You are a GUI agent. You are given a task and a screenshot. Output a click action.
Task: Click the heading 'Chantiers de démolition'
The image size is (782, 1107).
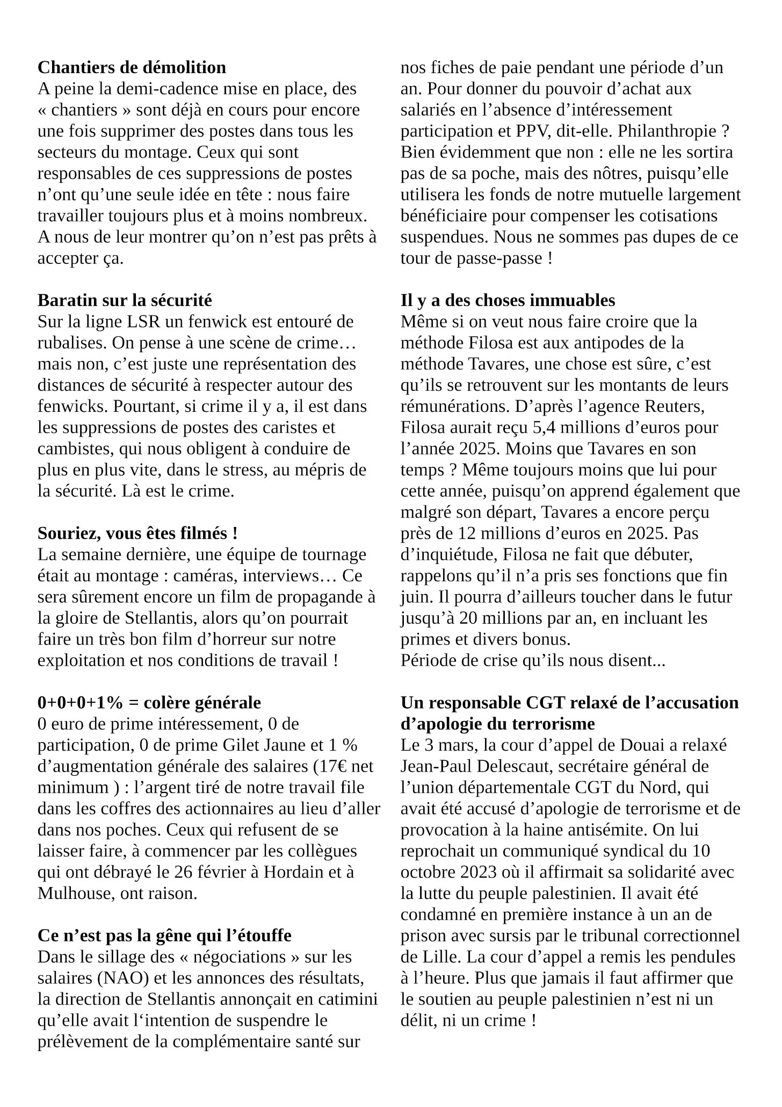tap(132, 68)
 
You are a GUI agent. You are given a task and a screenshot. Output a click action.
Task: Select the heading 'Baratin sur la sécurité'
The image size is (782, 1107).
tap(125, 300)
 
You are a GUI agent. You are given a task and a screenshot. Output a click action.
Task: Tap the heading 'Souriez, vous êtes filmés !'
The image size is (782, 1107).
tap(137, 533)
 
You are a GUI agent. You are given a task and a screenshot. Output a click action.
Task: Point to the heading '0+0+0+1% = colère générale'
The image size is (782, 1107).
tap(149, 703)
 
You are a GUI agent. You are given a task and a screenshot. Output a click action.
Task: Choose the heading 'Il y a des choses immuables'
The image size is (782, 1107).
tap(508, 300)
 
